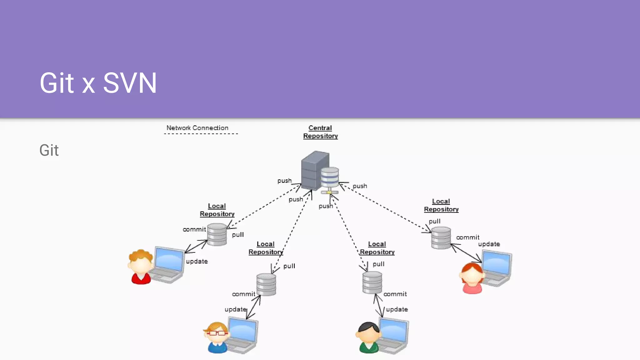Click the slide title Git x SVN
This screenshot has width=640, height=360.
(x=98, y=83)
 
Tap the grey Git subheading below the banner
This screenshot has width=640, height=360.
(x=49, y=150)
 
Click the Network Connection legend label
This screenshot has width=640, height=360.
(x=197, y=128)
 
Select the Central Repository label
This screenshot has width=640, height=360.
(x=320, y=132)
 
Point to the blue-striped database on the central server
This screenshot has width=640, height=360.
(x=330, y=177)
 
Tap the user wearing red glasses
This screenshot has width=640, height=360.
(x=217, y=337)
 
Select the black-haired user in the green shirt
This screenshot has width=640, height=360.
(x=369, y=337)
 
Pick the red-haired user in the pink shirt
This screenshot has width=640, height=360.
(x=472, y=278)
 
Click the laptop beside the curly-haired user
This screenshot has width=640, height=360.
(x=168, y=264)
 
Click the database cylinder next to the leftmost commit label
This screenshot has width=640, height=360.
(x=217, y=234)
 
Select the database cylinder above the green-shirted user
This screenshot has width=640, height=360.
(x=372, y=282)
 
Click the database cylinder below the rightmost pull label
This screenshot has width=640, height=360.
(x=441, y=238)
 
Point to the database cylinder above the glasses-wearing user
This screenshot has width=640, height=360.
(x=266, y=284)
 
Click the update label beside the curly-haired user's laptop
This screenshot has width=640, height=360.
(x=197, y=261)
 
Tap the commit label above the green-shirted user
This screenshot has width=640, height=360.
(x=395, y=294)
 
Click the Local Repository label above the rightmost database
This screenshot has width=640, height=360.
(x=441, y=205)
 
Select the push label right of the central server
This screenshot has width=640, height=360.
(x=360, y=186)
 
